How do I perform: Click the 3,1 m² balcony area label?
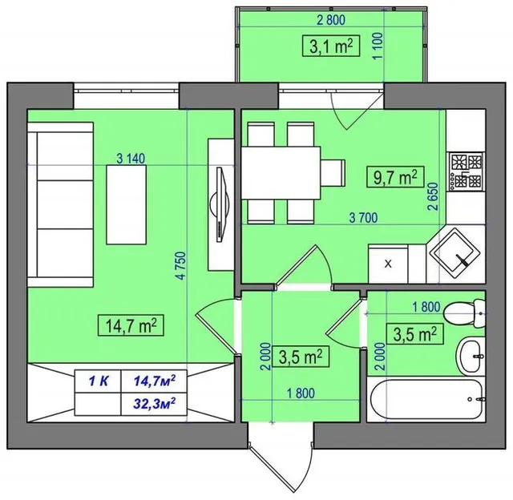[331, 46]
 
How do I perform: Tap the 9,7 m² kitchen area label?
[395, 177]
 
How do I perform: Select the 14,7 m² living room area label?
[131, 325]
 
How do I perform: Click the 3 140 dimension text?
[131, 159]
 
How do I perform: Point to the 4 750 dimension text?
[181, 265]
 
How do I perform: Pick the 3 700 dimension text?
[363, 217]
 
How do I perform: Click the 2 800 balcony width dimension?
[331, 20]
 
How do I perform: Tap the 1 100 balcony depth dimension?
[378, 46]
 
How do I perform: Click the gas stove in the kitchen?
[467, 171]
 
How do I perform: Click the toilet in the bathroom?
[464, 314]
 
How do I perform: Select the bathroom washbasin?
[471, 356]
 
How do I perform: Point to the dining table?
[281, 172]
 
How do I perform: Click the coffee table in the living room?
[126, 204]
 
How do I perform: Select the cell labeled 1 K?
[98, 381]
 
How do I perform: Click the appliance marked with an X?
[388, 264]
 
